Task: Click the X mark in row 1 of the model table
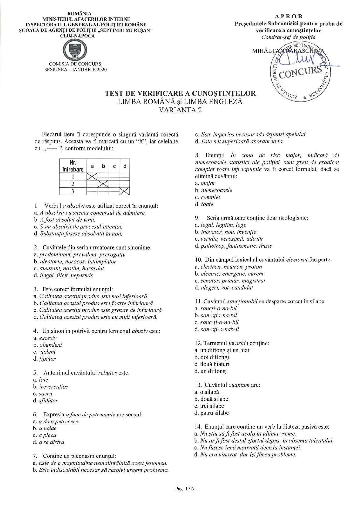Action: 92,177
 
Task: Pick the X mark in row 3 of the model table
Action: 125,191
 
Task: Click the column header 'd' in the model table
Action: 125,166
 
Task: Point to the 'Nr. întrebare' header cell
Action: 73,166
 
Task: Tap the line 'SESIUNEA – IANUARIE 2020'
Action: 75,70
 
